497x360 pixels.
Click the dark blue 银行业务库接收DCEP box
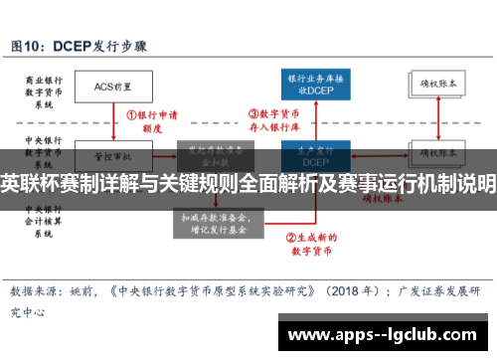pos(316,86)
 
